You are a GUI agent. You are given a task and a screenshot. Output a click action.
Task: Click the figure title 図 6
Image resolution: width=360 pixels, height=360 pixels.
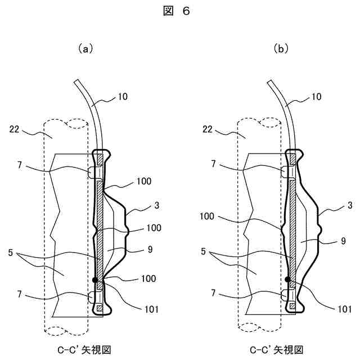(179, 13)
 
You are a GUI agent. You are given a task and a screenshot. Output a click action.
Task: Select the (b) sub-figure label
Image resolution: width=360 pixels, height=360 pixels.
(280, 49)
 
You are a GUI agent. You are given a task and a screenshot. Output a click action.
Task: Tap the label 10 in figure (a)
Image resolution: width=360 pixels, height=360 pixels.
(122, 96)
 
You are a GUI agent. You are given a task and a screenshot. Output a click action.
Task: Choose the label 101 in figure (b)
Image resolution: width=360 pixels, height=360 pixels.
(345, 309)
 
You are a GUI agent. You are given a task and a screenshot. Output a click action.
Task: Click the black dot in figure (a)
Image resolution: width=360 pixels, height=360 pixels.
(96, 279)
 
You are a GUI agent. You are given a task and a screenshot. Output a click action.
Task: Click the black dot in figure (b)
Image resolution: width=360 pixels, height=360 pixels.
(287, 278)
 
